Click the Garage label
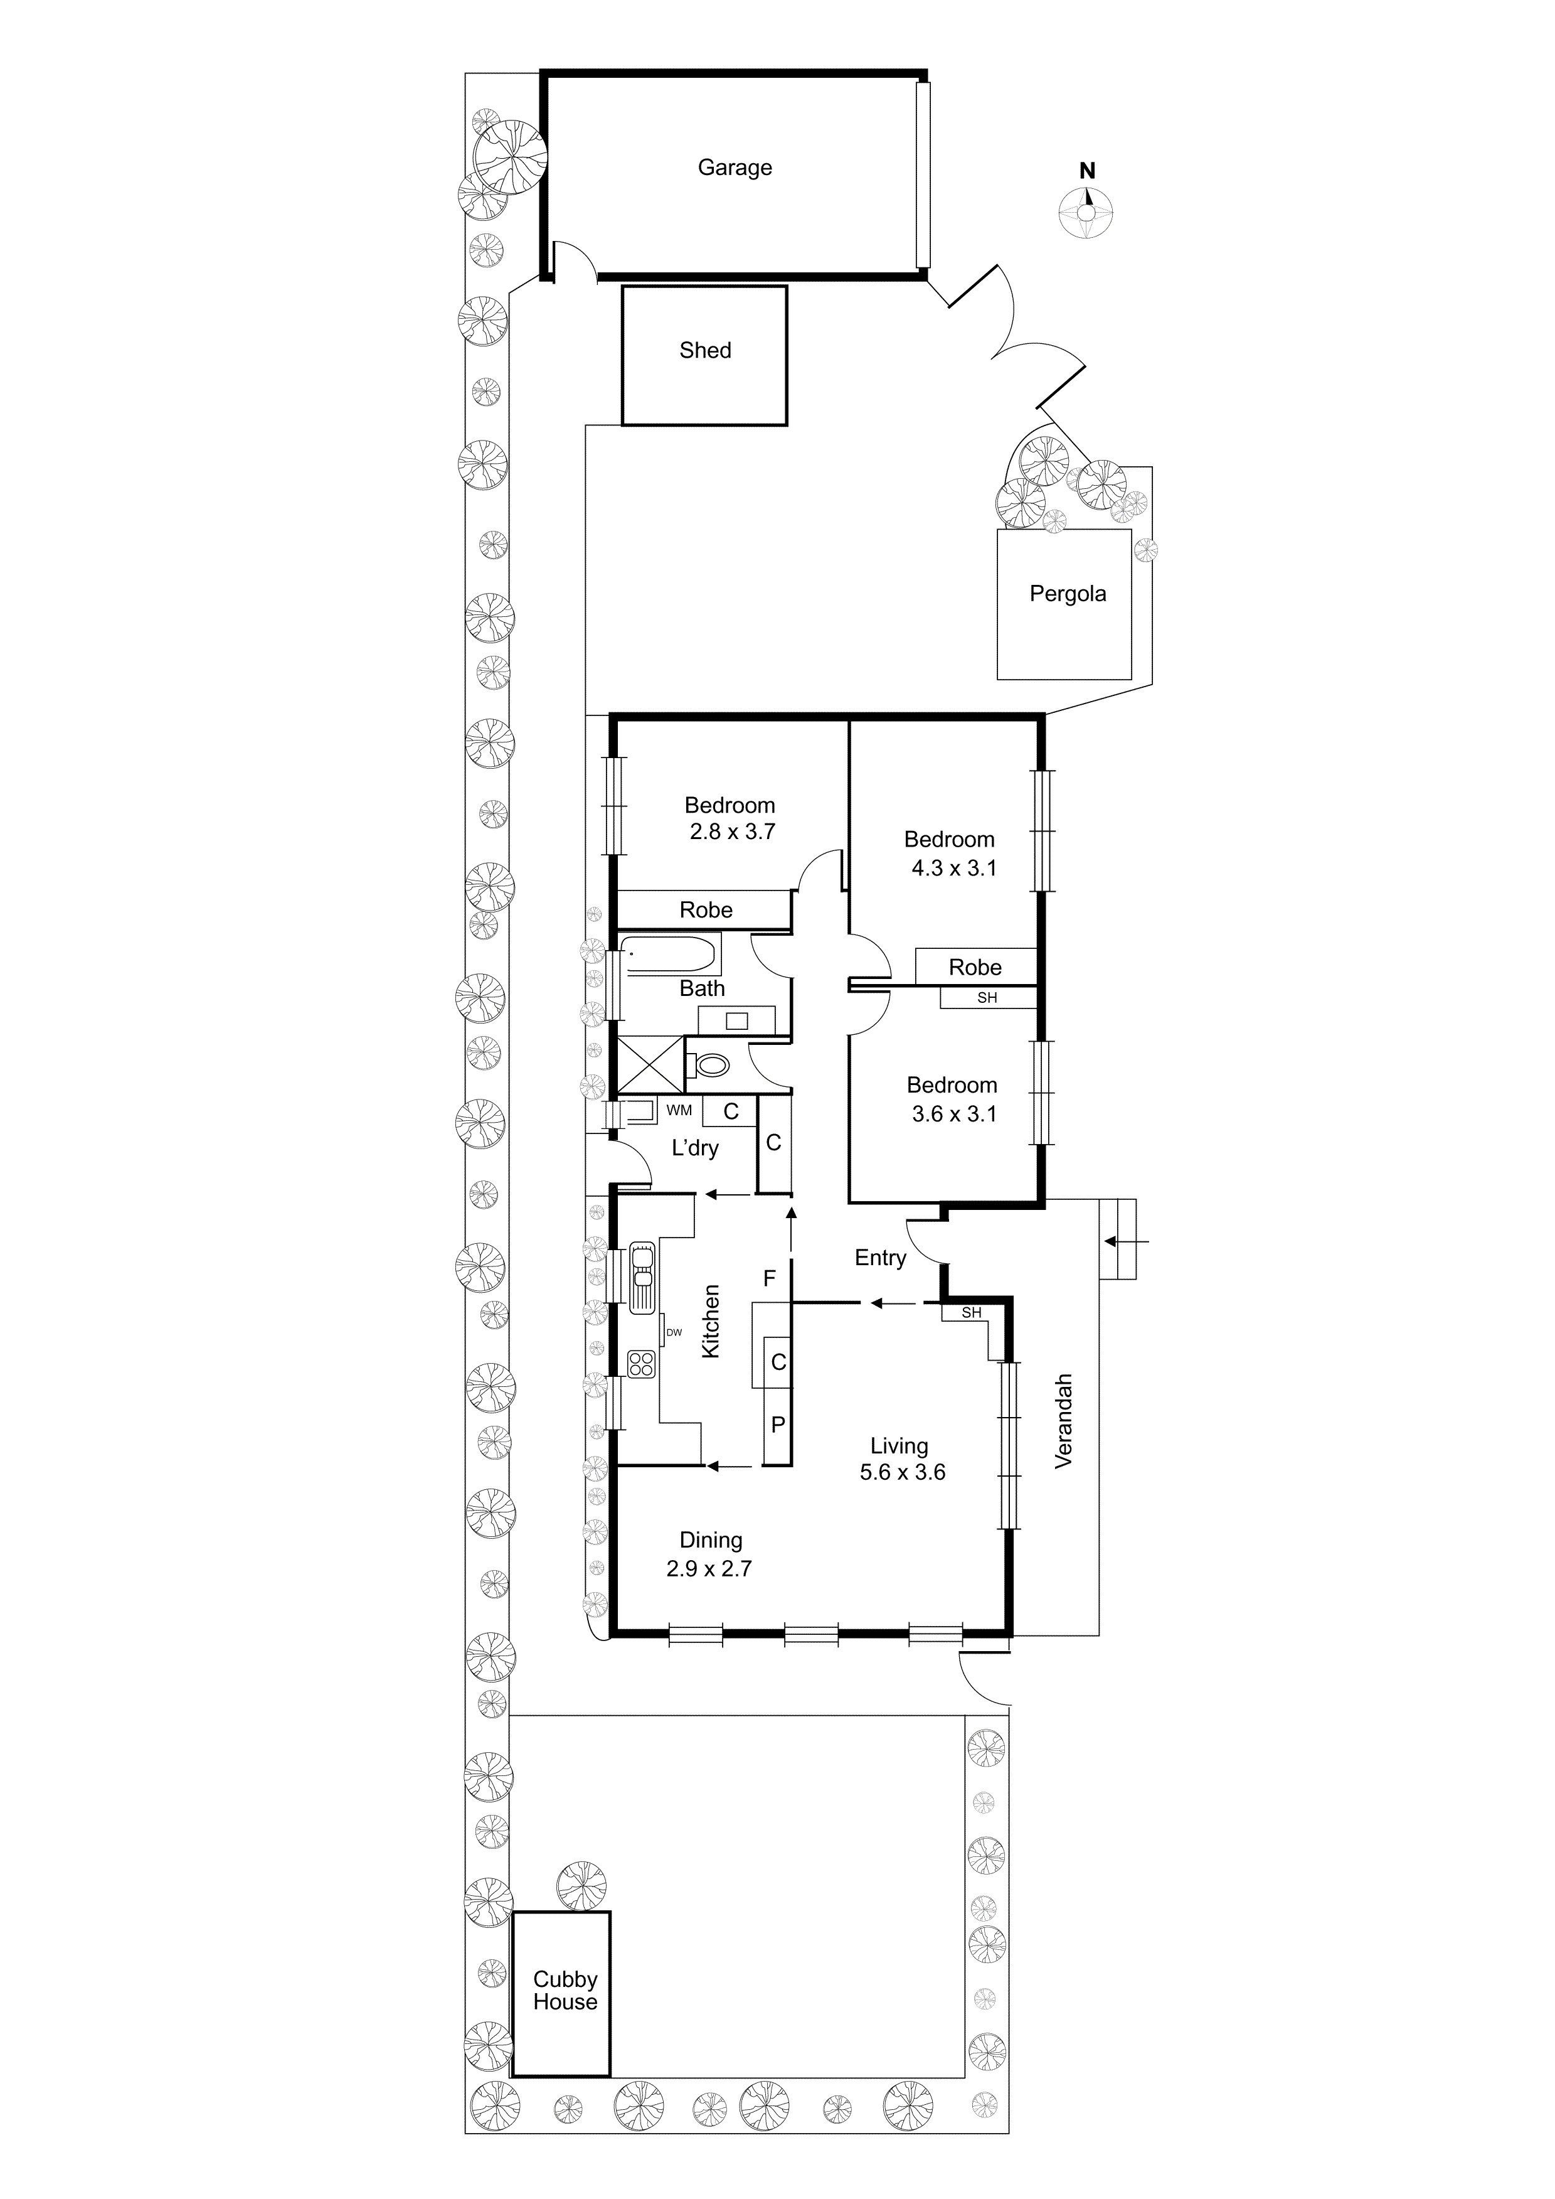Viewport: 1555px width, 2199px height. [x=735, y=168]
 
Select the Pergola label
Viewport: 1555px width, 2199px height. [x=1068, y=594]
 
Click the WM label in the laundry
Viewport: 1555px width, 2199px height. [x=679, y=1110]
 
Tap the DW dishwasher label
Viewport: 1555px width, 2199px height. [x=674, y=1332]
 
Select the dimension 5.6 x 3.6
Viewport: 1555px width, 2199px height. [x=902, y=1472]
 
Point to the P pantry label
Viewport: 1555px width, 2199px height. [x=778, y=1425]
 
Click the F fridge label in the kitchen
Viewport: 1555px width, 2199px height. [x=769, y=1278]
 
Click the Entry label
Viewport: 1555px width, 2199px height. [x=880, y=1258]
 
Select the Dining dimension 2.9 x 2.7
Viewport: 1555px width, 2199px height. [x=709, y=1569]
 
